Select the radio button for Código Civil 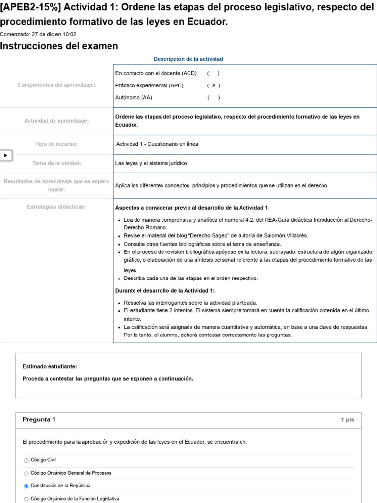(27, 460)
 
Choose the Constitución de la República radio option (27, 486)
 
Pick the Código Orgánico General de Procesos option (27, 473)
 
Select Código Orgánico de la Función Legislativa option (27, 499)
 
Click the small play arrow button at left (6, 155)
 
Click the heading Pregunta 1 (39, 419)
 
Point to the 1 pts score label (347, 420)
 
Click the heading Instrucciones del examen (59, 46)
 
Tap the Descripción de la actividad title (188, 59)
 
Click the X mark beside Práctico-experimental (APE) (213, 85)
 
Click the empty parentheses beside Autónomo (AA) (213, 97)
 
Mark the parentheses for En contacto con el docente (213, 73)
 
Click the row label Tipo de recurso (56, 144)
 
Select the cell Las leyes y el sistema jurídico (151, 163)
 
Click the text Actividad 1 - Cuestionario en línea (157, 144)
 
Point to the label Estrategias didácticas (56, 207)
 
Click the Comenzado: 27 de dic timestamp (38, 34)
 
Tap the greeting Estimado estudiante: (50, 366)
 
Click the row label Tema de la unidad (56, 163)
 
